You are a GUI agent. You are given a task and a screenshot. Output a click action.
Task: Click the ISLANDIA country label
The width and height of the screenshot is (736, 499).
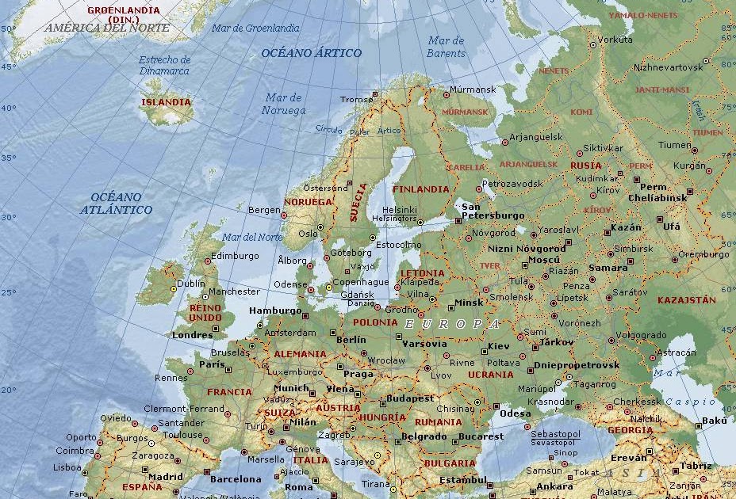click(166, 102)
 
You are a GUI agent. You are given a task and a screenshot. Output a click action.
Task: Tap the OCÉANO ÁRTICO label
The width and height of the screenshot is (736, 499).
click(311, 53)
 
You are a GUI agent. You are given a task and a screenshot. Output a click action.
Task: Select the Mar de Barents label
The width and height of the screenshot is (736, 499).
click(447, 47)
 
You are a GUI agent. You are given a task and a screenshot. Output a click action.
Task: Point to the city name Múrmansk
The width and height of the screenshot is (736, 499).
click(473, 90)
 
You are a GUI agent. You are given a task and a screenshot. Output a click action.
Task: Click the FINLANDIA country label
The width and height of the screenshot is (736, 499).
click(420, 189)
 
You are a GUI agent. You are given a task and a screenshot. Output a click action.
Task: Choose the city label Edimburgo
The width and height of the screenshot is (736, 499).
click(235, 256)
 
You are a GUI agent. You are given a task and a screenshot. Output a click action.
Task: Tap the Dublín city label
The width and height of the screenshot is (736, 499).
click(190, 283)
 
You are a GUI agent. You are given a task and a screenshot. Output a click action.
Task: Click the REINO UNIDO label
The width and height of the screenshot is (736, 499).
click(205, 312)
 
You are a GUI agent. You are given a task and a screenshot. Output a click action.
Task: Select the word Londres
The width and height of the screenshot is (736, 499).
click(192, 335)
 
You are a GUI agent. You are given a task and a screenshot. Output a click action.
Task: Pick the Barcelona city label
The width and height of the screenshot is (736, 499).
click(236, 479)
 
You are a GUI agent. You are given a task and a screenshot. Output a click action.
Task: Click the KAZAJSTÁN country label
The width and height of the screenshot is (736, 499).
click(686, 300)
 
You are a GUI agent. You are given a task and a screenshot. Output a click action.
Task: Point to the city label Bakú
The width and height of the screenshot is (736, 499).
click(714, 421)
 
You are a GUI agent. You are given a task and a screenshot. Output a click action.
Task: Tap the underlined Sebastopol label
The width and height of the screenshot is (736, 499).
click(555, 434)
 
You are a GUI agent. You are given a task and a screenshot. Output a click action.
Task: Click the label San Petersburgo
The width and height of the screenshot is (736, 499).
click(493, 211)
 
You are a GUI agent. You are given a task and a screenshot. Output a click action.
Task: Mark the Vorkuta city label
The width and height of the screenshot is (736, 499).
click(615, 39)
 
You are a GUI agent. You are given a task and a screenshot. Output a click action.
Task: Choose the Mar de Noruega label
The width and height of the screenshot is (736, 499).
click(283, 104)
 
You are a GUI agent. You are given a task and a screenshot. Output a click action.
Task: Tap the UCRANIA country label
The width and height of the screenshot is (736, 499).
click(490, 375)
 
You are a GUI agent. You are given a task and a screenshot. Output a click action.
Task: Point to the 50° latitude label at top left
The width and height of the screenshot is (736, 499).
click(8, 29)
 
